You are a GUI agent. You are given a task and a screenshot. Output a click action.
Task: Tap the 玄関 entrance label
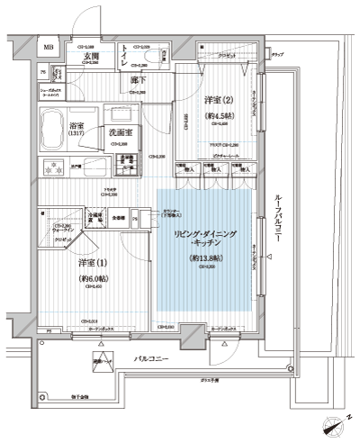point(91,56)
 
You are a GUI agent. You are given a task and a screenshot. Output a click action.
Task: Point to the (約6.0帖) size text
point(94,278)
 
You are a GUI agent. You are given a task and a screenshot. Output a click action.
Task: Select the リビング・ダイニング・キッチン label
point(205,239)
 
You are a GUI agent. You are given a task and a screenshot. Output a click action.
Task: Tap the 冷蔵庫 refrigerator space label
point(95,219)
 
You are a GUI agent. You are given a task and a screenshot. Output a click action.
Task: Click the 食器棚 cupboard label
point(119,219)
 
